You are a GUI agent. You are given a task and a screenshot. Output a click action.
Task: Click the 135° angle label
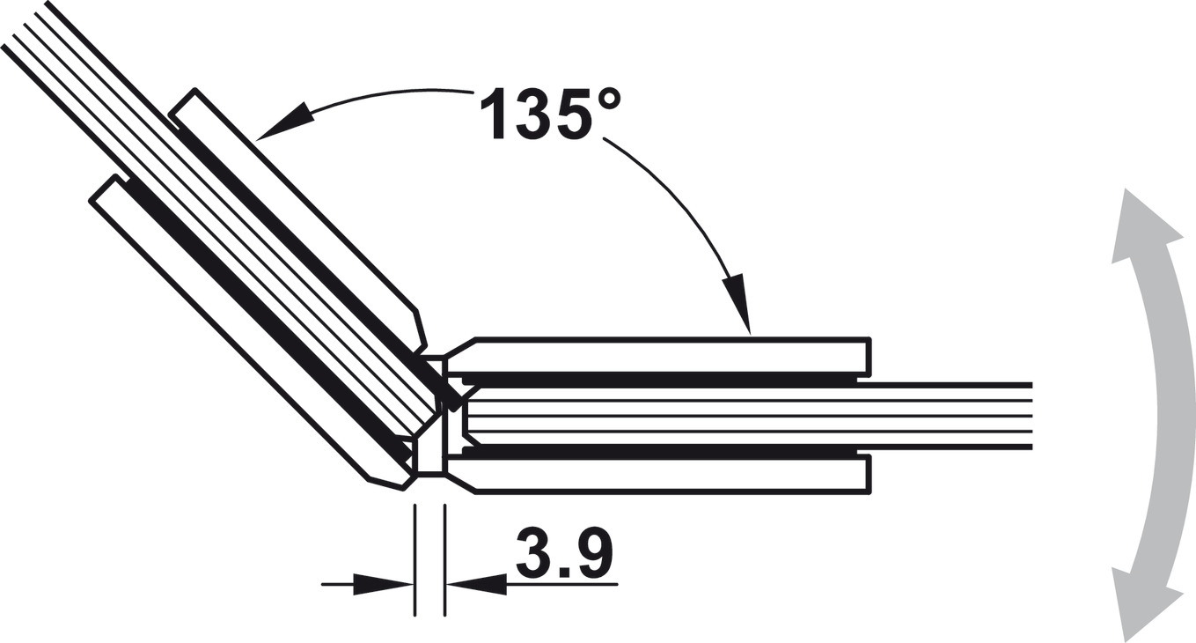pos(550,114)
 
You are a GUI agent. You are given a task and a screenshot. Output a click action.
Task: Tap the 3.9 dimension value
pos(564,552)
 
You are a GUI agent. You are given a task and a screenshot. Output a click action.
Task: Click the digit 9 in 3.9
pos(593,552)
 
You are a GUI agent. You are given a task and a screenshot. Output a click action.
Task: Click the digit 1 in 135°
pos(495,114)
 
